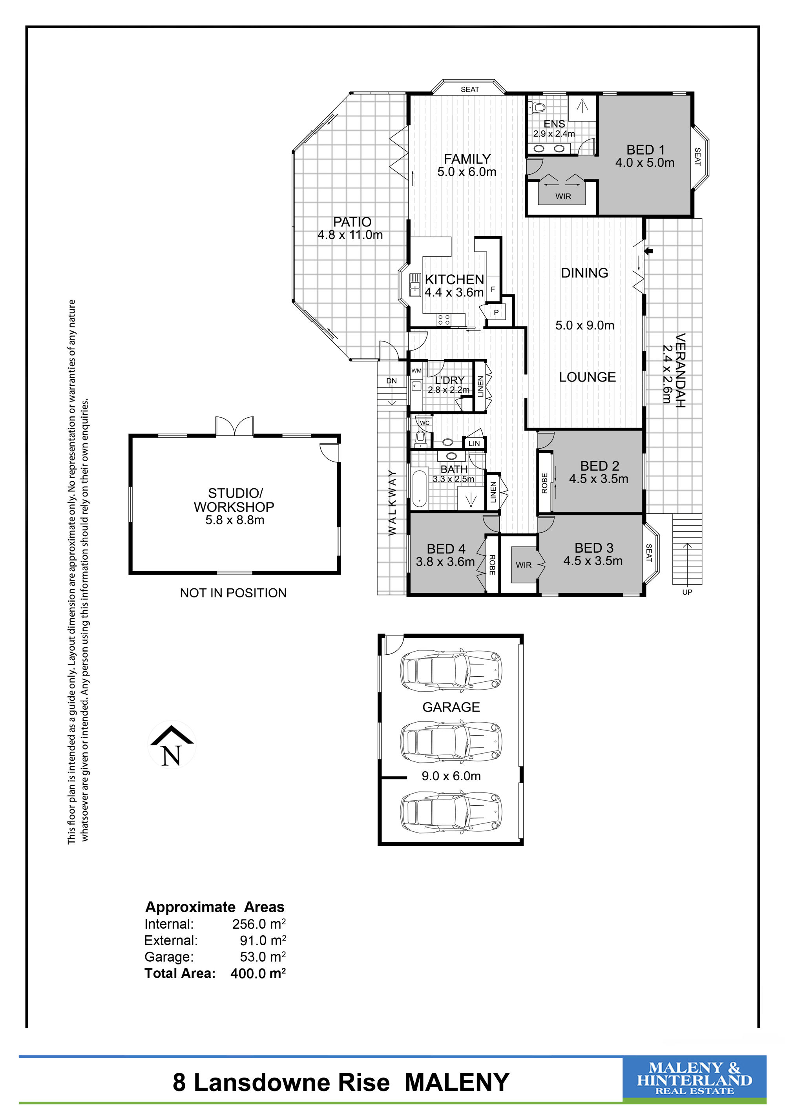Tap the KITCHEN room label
coord(455,279)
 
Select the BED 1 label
coord(645,150)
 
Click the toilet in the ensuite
coord(536,107)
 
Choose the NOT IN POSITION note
coord(233,593)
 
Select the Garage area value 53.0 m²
coord(263,957)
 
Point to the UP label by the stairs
coord(687,592)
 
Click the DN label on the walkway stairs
coord(392,381)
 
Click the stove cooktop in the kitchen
coord(444,319)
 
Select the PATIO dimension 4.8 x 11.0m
coord(350,235)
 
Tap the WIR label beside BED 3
coord(524,565)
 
